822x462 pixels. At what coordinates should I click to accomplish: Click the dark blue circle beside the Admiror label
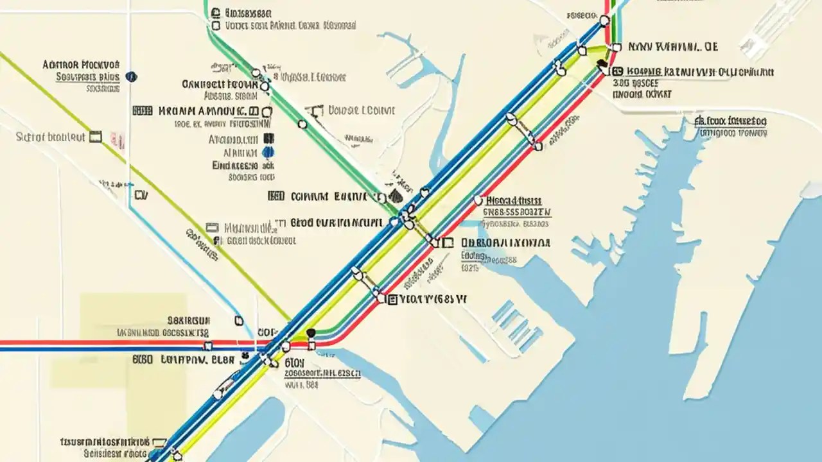(x=132, y=76)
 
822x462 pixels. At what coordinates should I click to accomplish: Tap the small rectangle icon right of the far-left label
(x=96, y=136)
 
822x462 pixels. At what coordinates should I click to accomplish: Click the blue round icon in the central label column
(x=268, y=152)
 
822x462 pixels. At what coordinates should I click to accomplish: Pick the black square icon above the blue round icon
(x=268, y=138)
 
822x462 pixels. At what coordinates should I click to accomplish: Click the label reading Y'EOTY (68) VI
(x=433, y=299)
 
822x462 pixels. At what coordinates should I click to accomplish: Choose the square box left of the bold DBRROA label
(x=448, y=243)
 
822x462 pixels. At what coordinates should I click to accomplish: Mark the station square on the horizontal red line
(x=312, y=346)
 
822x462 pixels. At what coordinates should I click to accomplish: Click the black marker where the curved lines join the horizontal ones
(x=311, y=332)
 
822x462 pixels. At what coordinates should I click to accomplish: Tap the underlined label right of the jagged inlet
(x=732, y=120)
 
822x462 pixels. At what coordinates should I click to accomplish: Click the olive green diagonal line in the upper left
(x=64, y=103)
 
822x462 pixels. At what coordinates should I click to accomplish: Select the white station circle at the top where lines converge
(x=604, y=21)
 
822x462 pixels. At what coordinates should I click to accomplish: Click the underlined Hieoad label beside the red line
(x=514, y=200)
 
